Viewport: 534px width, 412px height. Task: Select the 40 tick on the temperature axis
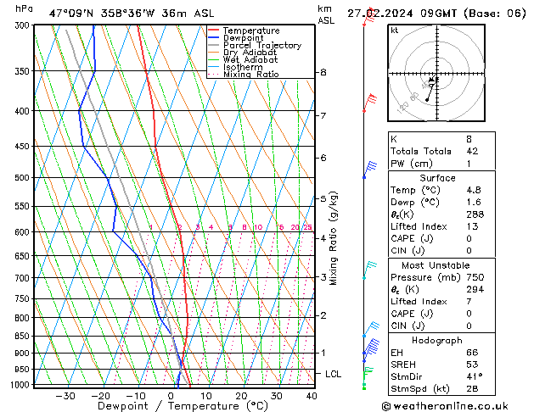pos(312,396)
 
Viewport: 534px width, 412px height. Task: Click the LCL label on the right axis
pos(334,374)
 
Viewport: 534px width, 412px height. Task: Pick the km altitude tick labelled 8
pos(323,73)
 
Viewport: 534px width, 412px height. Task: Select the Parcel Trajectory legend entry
pos(261,46)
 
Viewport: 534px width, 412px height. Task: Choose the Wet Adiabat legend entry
pos(250,60)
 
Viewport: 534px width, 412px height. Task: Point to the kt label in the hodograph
pos(395,31)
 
